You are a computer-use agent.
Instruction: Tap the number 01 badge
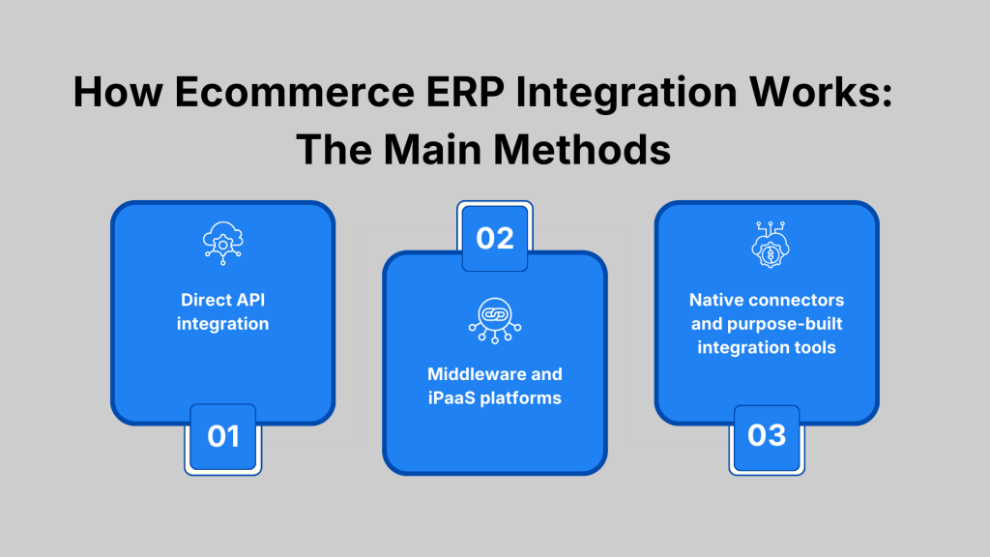[222, 437]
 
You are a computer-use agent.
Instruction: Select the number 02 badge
[495, 237]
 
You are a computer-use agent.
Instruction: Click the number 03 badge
[767, 437]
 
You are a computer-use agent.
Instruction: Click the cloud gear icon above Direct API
[222, 243]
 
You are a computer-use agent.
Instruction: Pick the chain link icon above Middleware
[495, 320]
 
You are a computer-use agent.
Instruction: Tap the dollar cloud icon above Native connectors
[767, 243]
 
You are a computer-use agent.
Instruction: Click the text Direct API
[222, 300]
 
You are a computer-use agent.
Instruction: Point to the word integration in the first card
[222, 323]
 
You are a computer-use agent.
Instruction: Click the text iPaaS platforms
[495, 397]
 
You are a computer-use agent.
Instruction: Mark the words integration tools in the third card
[767, 346]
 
